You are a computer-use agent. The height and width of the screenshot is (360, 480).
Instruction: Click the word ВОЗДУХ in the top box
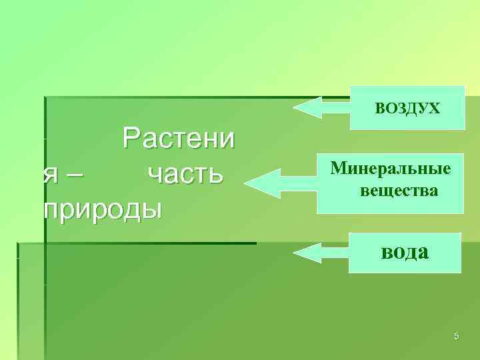(407, 108)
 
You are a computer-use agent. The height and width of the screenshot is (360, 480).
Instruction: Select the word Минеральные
(391, 167)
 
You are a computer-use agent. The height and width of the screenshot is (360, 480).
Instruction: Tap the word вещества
(399, 191)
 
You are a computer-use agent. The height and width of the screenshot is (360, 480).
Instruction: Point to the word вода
(405, 253)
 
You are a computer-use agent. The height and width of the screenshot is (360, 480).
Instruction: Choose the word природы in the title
(103, 209)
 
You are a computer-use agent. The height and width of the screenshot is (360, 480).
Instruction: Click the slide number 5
(457, 336)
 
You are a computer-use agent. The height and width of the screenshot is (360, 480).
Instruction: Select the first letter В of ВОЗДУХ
(379, 108)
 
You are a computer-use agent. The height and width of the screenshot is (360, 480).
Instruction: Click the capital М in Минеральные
(337, 167)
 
